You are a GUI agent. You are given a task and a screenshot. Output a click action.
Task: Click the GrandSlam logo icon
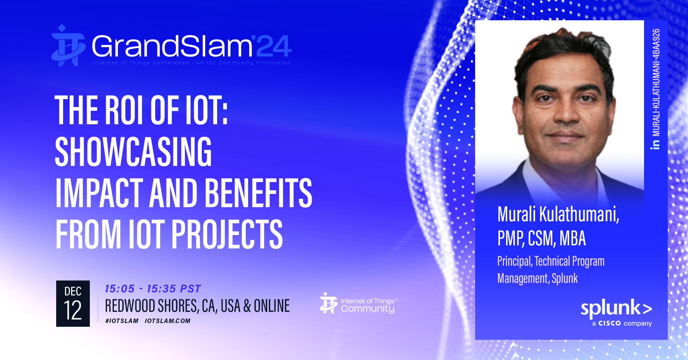coord(68,45)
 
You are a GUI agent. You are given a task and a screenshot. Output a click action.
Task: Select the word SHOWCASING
coord(133,152)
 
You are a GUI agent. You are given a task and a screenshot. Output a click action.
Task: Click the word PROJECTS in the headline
coord(227,235)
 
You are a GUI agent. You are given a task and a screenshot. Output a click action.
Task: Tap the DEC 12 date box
coord(73,303)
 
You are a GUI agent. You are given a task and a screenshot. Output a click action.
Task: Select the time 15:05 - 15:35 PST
coord(153,289)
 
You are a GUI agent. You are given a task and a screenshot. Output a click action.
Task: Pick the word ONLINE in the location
coord(272,306)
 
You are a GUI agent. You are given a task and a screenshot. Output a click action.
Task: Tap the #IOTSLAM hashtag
coord(122,321)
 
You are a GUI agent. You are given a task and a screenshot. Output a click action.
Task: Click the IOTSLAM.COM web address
coord(167,321)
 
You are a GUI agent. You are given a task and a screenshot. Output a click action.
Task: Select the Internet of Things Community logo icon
coord(328,303)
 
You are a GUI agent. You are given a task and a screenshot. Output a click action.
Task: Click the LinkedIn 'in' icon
coord(656,144)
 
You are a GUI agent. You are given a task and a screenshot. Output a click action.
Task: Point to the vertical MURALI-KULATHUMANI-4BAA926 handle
coord(656,83)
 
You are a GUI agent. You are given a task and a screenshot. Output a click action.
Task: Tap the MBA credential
coord(573,238)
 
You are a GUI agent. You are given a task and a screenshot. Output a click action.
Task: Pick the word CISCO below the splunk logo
coord(609,323)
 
